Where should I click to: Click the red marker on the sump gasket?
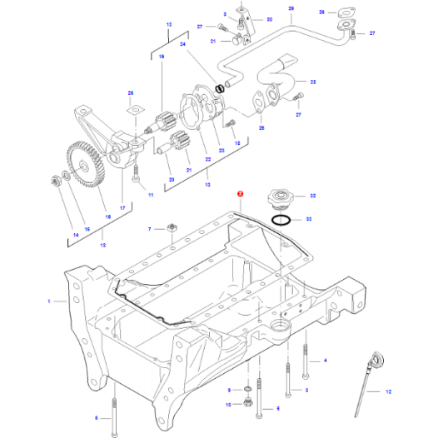[x=240, y=192]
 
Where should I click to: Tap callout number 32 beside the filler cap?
[x=312, y=197]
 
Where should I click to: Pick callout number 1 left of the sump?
[x=48, y=301]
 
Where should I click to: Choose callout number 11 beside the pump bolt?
[x=151, y=195]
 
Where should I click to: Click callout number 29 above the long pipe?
[x=291, y=8]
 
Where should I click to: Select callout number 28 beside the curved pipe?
[x=313, y=82]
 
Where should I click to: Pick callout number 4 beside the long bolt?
[x=326, y=360]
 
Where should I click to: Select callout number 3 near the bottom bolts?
[x=306, y=390]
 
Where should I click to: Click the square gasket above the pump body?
[x=132, y=108]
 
